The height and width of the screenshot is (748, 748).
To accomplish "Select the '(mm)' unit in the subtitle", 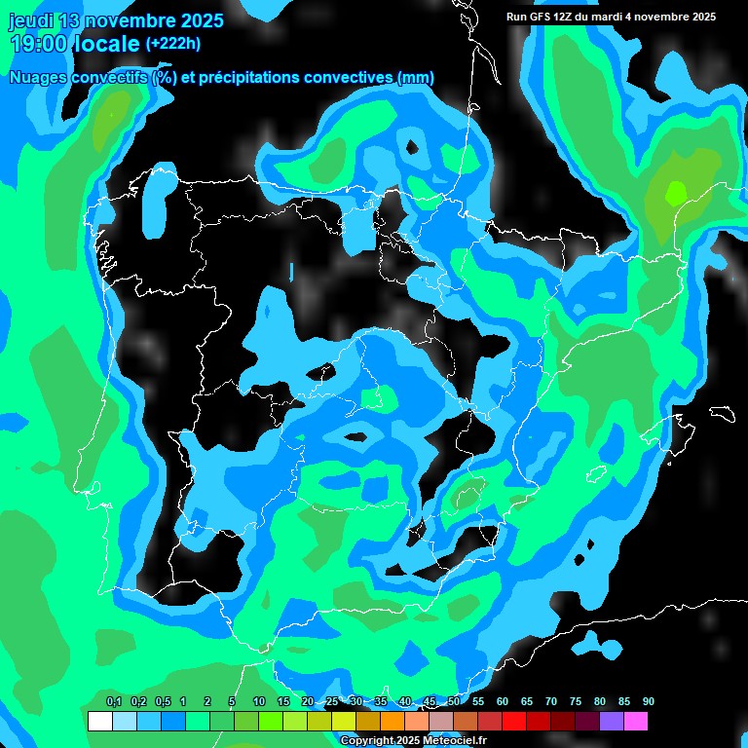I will tap(416, 78).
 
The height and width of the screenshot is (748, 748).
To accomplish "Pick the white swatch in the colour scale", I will tap(99, 722).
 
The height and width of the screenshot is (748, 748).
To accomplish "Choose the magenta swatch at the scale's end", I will tap(635, 722).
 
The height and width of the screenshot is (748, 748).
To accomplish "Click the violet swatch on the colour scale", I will tap(611, 722).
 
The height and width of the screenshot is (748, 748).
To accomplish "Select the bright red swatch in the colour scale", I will tap(513, 722).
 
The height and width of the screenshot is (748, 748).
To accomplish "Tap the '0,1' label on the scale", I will tap(114, 702).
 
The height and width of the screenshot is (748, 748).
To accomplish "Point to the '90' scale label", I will tap(649, 702).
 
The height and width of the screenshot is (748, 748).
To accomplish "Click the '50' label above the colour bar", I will tap(454, 702).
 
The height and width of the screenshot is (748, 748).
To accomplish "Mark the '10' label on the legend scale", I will tap(259, 702).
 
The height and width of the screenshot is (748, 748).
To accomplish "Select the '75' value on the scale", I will tap(576, 702).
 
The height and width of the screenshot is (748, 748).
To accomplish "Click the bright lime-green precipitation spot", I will tap(674, 192).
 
